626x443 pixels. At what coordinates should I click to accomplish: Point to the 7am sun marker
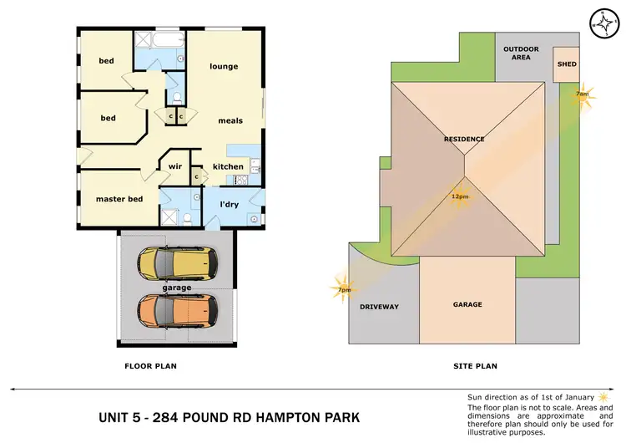(583, 94)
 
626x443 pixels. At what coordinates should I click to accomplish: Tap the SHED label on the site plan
(568, 64)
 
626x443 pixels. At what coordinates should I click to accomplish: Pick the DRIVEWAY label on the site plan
(379, 307)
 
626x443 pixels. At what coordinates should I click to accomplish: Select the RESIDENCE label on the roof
(465, 139)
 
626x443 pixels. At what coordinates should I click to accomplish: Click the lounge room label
(224, 67)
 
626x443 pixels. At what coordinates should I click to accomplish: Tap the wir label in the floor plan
(175, 166)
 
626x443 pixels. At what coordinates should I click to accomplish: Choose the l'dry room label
(230, 205)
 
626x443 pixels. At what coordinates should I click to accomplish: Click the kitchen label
(228, 166)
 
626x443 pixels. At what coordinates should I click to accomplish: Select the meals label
(230, 120)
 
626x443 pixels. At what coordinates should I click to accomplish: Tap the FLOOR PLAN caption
(150, 366)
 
